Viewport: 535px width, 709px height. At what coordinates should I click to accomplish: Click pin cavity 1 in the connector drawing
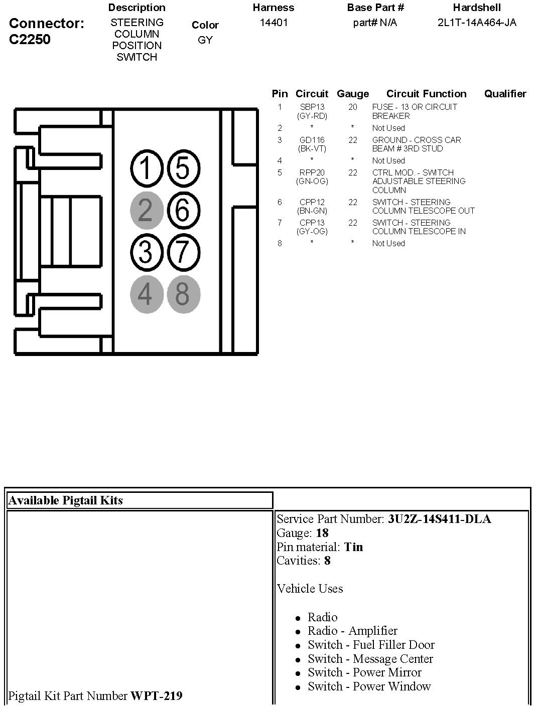tap(147, 167)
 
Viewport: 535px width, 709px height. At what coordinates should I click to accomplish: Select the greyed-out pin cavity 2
tap(147, 210)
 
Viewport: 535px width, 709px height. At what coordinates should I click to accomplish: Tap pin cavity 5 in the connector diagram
tap(183, 167)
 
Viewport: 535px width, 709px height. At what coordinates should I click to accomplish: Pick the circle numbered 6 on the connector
tap(183, 210)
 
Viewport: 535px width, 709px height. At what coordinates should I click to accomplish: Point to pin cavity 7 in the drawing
tap(183, 252)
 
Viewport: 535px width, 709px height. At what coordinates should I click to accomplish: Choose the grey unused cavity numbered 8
tap(183, 294)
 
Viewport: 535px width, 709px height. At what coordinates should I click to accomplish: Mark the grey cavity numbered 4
tap(147, 294)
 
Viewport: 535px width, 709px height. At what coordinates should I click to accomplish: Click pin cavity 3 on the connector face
tap(147, 252)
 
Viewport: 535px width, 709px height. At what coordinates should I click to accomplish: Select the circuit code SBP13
tap(312, 107)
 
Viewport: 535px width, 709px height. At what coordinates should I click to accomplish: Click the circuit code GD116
tap(312, 140)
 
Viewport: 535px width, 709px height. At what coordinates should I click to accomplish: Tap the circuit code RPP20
tap(312, 172)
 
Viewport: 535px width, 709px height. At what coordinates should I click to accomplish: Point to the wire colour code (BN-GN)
tap(312, 211)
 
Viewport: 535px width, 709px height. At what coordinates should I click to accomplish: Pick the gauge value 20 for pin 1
tap(353, 107)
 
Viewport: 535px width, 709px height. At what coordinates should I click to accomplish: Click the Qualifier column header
tap(505, 94)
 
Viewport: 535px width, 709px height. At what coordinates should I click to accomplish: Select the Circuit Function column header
tap(426, 94)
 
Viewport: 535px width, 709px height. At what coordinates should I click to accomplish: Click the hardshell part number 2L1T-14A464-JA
tap(477, 23)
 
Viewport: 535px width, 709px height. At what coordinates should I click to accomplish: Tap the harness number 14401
tap(274, 23)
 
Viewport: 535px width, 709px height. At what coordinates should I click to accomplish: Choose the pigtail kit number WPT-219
tap(156, 696)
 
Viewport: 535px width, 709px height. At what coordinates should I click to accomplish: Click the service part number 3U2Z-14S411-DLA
tap(439, 519)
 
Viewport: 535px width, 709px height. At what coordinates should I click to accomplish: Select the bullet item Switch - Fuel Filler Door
tap(371, 645)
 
